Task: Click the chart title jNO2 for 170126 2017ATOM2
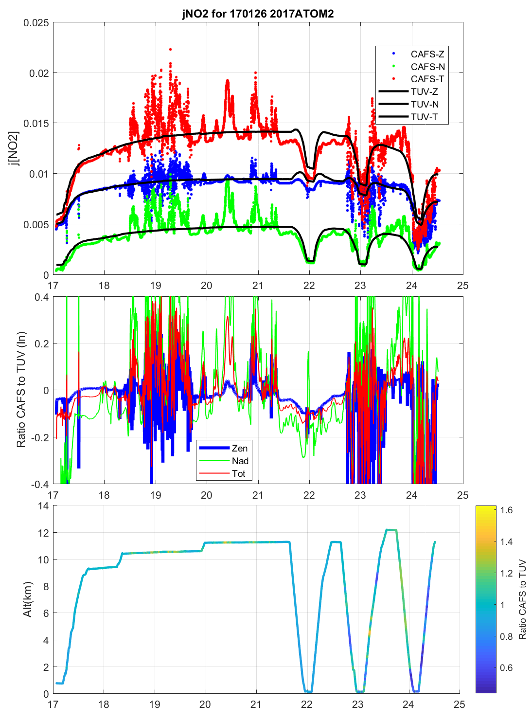click(x=258, y=14)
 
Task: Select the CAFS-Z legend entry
click(x=427, y=54)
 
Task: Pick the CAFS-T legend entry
click(x=427, y=79)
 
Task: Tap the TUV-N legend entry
click(x=424, y=104)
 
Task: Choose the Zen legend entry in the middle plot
click(x=239, y=448)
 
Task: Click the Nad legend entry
click(x=240, y=461)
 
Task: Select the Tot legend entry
click(x=238, y=473)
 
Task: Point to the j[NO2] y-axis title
click(x=14, y=148)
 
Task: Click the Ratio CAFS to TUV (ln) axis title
click(x=21, y=390)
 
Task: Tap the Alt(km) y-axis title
click(x=27, y=599)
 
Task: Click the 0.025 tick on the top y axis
click(x=36, y=23)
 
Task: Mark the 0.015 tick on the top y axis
click(x=36, y=124)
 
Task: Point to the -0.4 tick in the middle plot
click(x=39, y=485)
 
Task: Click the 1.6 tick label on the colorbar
click(x=506, y=510)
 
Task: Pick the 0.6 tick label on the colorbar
click(x=506, y=668)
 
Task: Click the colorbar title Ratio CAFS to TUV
click(x=522, y=599)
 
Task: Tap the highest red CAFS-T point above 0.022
click(x=170, y=49)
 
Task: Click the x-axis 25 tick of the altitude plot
click(x=459, y=704)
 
